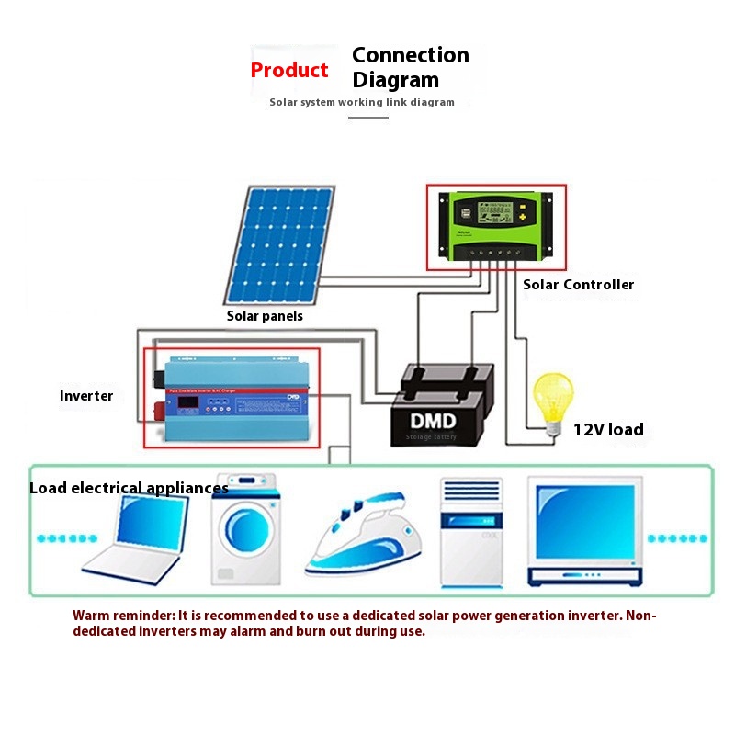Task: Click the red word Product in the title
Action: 289,71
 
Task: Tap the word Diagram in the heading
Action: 396,80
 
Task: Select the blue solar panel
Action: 279,245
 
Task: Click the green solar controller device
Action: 495,225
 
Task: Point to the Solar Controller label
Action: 578,285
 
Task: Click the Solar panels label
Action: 265,316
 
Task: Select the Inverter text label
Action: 86,396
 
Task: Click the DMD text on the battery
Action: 431,421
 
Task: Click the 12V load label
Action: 608,429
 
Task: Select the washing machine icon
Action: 245,531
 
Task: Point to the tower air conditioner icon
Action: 471,533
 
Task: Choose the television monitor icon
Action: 584,531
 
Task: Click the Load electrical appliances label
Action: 129,488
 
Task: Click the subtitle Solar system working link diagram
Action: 362,102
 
